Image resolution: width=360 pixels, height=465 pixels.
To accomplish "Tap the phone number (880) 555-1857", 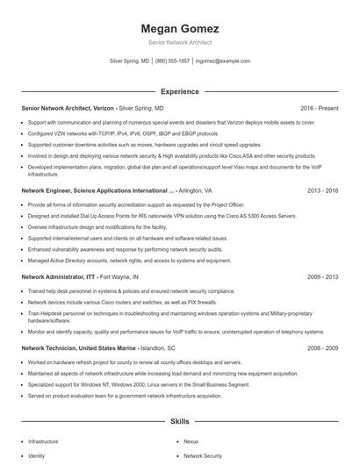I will click(x=172, y=61).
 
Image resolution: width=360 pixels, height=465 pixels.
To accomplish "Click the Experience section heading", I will click(x=179, y=91).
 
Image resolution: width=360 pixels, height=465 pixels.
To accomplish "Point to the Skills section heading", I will click(x=179, y=421).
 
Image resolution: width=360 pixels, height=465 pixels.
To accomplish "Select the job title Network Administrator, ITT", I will click(x=59, y=275).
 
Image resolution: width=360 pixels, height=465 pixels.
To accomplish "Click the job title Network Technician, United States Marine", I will click(x=79, y=347).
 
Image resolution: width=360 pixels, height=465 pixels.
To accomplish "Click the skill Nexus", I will click(x=191, y=442).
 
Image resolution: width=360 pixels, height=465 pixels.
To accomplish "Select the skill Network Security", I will click(x=203, y=456).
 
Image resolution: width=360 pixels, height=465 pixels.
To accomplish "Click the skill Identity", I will click(x=36, y=456).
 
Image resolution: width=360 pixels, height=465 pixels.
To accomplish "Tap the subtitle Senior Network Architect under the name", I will click(x=179, y=42).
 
